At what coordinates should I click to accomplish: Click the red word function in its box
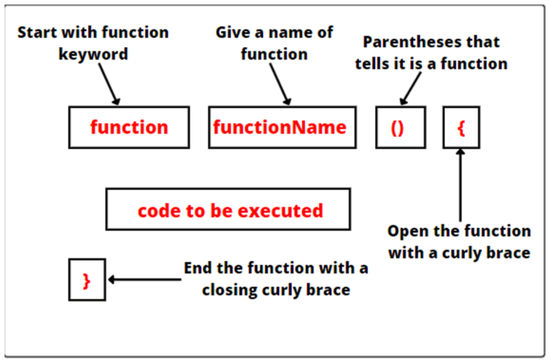click(x=129, y=127)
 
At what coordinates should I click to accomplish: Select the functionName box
click(x=281, y=127)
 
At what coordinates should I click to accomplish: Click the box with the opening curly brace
click(x=461, y=127)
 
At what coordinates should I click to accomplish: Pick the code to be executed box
click(x=228, y=210)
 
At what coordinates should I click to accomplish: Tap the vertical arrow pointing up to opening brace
click(x=461, y=186)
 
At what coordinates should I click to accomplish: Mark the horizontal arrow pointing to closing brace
click(x=143, y=280)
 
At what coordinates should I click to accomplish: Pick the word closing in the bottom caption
click(x=230, y=291)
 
